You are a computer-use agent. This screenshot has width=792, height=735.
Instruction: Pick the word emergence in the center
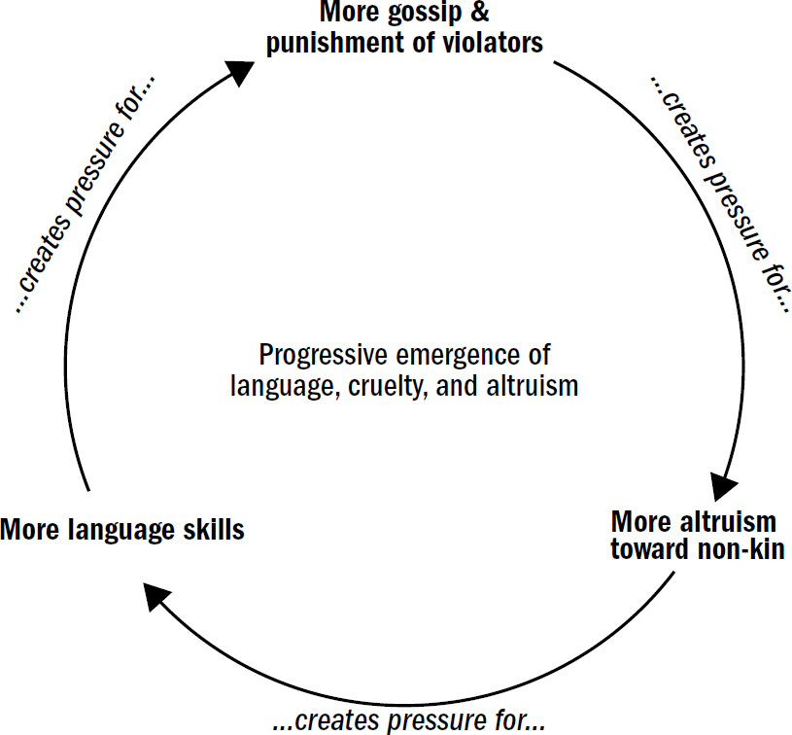(447, 355)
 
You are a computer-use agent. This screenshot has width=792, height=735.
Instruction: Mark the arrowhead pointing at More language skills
(155, 595)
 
